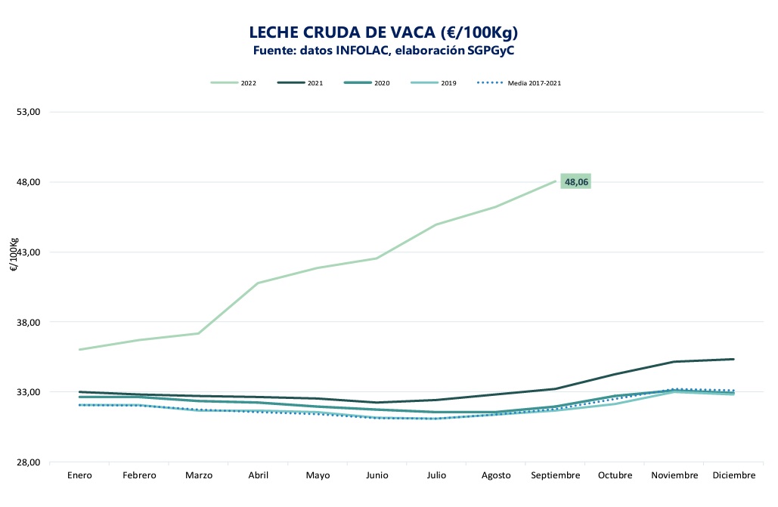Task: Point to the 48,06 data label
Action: click(576, 182)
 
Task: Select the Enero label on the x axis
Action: click(79, 476)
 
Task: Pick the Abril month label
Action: click(258, 476)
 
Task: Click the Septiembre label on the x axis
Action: click(556, 476)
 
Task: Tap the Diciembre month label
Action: click(733, 476)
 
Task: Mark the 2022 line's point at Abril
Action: click(258, 283)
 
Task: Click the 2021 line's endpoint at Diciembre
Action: click(733, 359)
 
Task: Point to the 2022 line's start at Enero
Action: click(79, 350)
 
